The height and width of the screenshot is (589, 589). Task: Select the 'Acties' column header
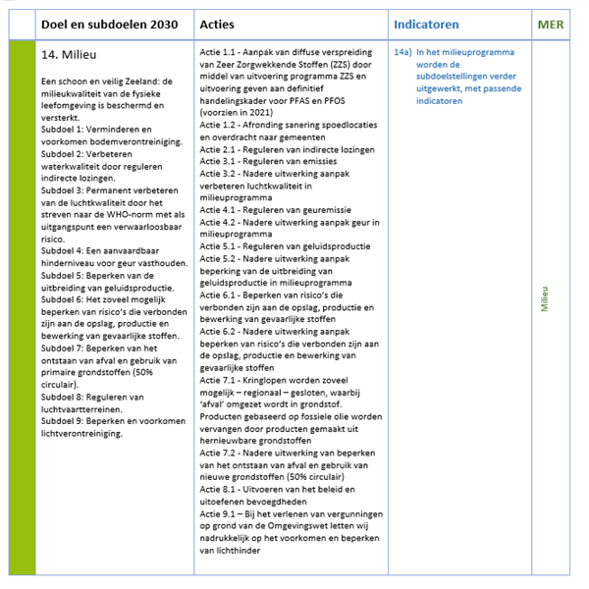pyautogui.click(x=216, y=24)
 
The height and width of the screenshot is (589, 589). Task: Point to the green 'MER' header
pyautogui.click(x=551, y=24)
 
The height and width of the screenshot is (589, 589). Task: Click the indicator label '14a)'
pyautogui.click(x=401, y=50)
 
